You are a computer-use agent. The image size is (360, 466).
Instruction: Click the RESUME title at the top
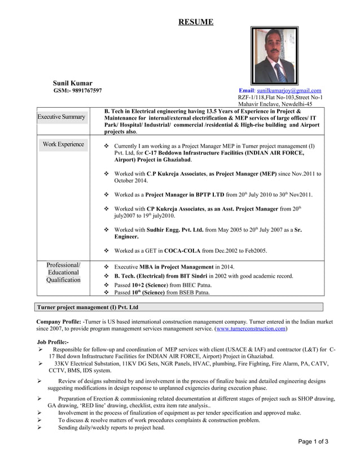tap(196, 22)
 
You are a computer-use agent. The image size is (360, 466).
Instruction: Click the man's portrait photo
tap(275, 56)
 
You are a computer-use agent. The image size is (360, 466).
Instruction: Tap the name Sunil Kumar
tap(73, 83)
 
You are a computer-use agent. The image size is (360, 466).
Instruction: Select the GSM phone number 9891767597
tap(77, 91)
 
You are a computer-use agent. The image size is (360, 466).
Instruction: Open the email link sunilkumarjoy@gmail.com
tap(289, 91)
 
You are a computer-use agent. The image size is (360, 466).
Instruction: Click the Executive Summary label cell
tap(62, 117)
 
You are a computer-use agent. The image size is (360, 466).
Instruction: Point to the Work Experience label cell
tap(63, 144)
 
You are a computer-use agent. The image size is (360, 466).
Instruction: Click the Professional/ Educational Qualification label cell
tap(63, 272)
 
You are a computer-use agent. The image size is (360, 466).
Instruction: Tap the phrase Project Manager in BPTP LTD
tap(185, 195)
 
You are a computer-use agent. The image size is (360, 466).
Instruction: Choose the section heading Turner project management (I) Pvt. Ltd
tap(87, 307)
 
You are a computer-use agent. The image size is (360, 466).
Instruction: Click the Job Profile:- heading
tap(52, 342)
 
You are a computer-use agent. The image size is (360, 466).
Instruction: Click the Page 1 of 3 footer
tap(313, 442)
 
